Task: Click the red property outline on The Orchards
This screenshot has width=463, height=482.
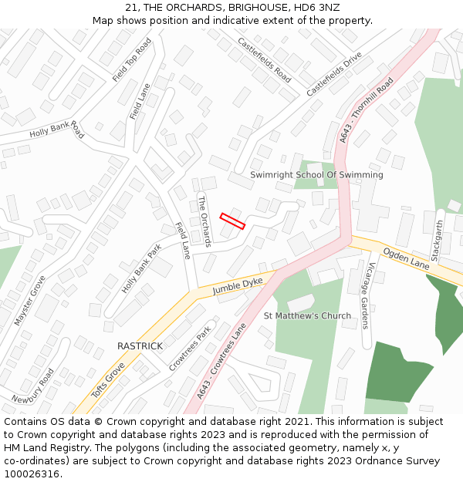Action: [232, 221]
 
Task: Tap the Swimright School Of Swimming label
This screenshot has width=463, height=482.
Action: [316, 175]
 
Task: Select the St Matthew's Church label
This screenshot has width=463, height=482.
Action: [307, 316]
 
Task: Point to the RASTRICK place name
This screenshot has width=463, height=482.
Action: [140, 346]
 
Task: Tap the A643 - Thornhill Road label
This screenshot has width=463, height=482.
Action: [367, 110]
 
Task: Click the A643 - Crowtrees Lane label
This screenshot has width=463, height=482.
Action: [221, 361]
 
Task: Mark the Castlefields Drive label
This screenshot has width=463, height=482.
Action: [334, 75]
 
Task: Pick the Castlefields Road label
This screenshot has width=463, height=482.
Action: [264, 60]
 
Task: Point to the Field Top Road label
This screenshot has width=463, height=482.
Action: [132, 60]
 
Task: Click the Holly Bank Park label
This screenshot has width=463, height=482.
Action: [141, 269]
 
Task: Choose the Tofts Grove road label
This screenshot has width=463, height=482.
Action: [108, 382]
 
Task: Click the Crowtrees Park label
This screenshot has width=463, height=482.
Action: [190, 349]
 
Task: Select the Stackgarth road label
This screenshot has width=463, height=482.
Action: [438, 240]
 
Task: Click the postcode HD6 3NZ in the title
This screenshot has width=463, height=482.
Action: [313, 7]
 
